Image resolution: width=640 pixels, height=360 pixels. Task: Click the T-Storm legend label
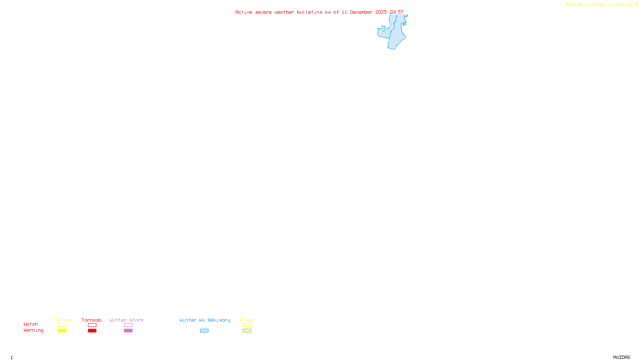click(62, 320)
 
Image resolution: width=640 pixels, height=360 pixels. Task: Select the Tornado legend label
click(92, 320)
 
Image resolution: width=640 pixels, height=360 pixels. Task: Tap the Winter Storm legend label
click(126, 320)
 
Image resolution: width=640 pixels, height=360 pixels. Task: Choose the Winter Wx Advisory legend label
click(205, 320)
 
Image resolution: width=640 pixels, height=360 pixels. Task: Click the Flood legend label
click(247, 320)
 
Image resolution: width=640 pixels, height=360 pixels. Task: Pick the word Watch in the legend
click(31, 324)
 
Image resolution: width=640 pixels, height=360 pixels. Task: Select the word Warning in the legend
click(34, 330)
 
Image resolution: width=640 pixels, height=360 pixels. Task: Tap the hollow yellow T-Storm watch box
click(62, 325)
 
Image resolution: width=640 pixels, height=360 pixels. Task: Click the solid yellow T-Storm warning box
click(62, 331)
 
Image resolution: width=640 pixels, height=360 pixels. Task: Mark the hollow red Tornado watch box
click(92, 325)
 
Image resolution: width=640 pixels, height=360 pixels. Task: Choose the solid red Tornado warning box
click(92, 331)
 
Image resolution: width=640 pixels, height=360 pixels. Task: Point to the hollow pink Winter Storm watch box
click(128, 325)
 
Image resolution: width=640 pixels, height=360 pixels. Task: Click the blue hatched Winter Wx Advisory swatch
click(204, 331)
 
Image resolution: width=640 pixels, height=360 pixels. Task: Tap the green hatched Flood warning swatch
click(247, 331)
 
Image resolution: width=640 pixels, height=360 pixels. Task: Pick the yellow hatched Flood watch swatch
click(247, 325)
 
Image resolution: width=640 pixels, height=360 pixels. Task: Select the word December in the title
click(361, 12)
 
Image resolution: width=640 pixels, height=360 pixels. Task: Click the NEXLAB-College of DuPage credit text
click(599, 5)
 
